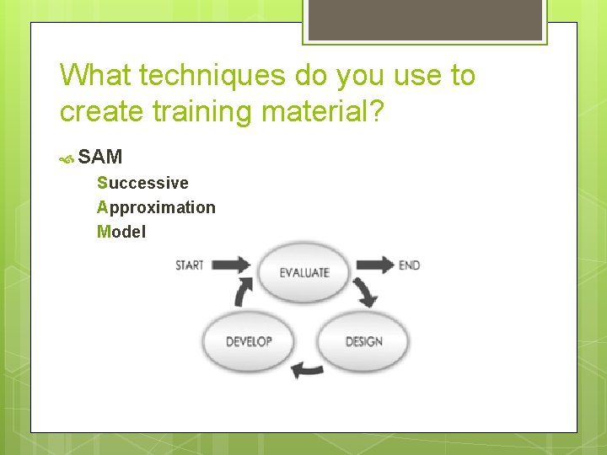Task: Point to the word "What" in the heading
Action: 95,76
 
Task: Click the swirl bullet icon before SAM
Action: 67,158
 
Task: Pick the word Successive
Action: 142,183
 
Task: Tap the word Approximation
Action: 156,207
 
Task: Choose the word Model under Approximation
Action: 121,232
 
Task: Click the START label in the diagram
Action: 190,265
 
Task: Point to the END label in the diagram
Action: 409,265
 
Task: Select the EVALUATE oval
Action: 304,272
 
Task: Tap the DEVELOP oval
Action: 249,341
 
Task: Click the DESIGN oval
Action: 363,341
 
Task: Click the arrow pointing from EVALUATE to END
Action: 375,265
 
